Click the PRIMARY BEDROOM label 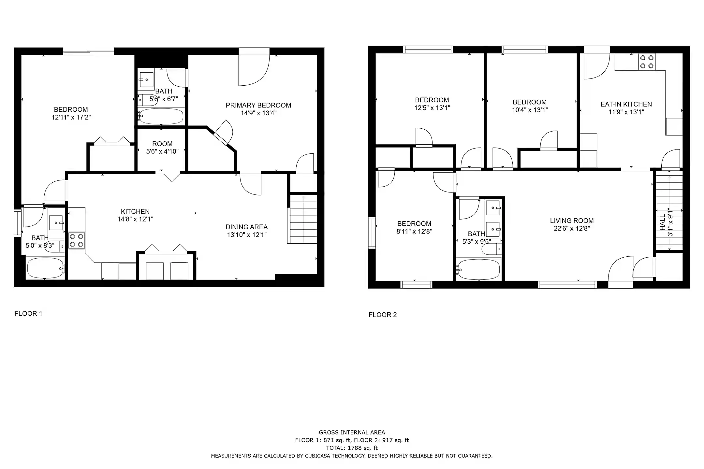point(258,105)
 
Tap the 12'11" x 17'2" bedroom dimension point(71,117)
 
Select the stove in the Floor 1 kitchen point(77,241)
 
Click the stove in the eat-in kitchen point(647,62)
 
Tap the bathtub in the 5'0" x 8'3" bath point(45,268)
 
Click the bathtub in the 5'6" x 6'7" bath point(161,116)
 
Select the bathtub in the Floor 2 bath point(478,269)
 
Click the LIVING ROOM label point(572,220)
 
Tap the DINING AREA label point(246,227)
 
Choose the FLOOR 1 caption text point(28,314)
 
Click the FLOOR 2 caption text point(383,315)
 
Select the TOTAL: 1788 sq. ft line point(352,448)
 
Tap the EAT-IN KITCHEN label point(626,104)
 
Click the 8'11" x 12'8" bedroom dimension point(414,232)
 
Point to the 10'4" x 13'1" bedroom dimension point(530,110)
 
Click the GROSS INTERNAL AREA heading point(352,433)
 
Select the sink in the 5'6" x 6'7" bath point(146,79)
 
